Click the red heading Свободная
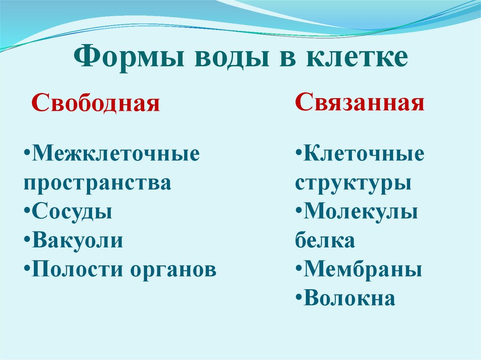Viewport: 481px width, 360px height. [x=95, y=103]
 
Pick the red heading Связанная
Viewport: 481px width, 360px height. [x=360, y=102]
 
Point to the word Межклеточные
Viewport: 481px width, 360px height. [x=116, y=154]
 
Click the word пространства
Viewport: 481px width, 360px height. [x=97, y=184]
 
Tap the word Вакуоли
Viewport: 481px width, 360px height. [x=78, y=240]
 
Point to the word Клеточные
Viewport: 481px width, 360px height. [x=364, y=154]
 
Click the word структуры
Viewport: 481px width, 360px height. [x=353, y=184]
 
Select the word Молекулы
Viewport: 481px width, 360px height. [x=361, y=212]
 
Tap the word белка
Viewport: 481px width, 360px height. [x=325, y=240]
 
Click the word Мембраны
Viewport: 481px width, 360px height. [x=363, y=269]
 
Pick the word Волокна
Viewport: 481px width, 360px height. [x=349, y=299]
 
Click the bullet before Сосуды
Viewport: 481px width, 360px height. [x=27, y=212]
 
